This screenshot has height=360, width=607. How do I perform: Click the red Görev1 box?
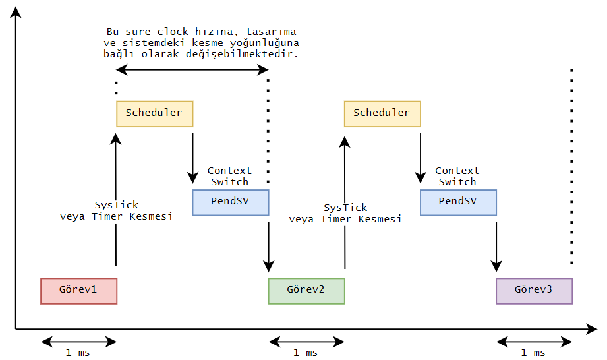(x=78, y=291)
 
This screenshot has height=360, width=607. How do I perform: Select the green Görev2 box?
(x=306, y=291)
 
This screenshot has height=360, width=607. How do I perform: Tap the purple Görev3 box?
(x=534, y=291)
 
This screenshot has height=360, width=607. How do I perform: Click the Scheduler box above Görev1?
(x=154, y=113)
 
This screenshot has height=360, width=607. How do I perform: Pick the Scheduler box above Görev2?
(x=382, y=113)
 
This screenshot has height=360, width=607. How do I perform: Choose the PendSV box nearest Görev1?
(x=231, y=202)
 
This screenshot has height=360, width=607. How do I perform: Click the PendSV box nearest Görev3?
(x=458, y=202)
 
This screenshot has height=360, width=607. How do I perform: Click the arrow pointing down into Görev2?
(x=268, y=244)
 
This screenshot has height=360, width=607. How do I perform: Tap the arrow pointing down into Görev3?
(x=496, y=244)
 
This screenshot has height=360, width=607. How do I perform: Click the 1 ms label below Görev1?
(x=78, y=353)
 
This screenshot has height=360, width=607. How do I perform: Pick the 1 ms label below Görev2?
(x=306, y=353)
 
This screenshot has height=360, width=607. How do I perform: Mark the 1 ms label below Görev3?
(x=533, y=353)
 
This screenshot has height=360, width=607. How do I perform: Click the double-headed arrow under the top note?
(x=192, y=69)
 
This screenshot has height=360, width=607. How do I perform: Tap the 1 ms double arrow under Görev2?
(x=306, y=341)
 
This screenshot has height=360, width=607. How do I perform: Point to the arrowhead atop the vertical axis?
(x=16, y=10)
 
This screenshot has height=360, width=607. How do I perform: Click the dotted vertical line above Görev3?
(x=571, y=165)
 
